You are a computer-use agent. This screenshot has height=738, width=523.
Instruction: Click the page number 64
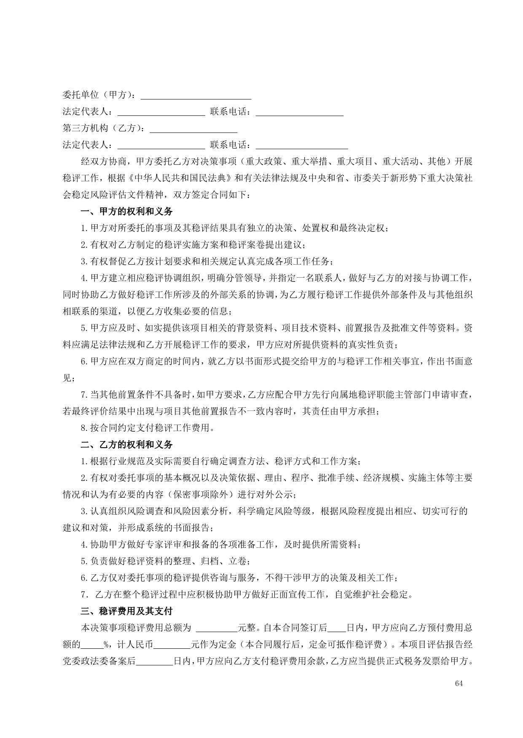pos(459,683)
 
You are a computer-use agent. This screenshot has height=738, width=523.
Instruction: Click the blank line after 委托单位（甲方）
pos(196,96)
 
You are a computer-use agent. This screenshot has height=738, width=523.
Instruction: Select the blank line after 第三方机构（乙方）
pos(193,129)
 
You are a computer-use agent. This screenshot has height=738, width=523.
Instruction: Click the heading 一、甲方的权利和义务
pos(126,212)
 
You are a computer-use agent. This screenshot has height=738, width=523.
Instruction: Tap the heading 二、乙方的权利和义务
pos(126,445)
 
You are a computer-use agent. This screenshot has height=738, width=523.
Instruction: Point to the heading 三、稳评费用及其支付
pos(126,611)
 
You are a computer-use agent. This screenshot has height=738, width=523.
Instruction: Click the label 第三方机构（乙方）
pos(105,128)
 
